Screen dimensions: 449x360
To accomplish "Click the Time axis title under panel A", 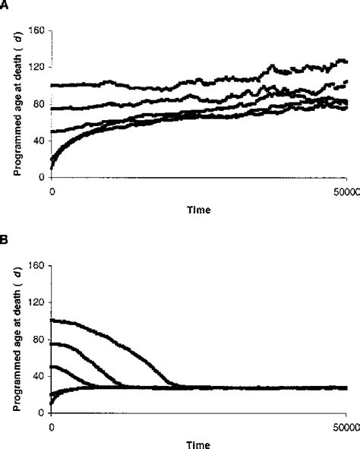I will [201, 207].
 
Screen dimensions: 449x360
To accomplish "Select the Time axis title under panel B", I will [201, 442].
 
